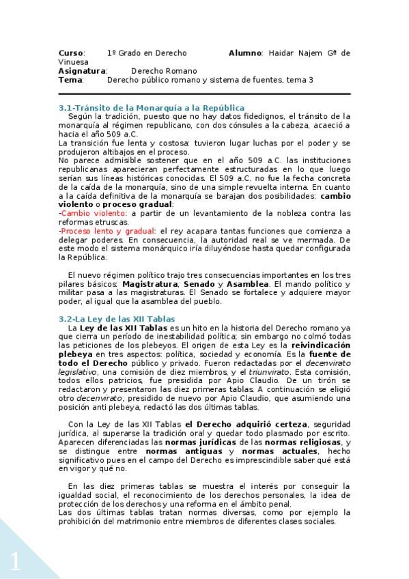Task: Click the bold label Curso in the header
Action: coord(71,53)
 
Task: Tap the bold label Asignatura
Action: coord(82,70)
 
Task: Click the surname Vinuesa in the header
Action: coord(74,61)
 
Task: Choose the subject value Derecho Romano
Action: coord(164,70)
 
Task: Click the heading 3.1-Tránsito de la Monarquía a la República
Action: coord(152,108)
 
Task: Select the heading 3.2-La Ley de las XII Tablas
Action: coord(117,319)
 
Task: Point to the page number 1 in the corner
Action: coord(15,562)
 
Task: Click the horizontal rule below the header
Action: coord(204,94)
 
